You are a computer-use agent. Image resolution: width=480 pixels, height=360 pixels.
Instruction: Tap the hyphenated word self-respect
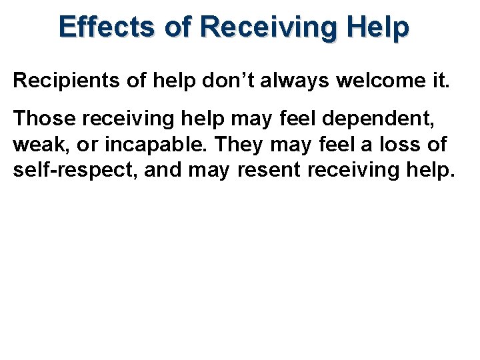coord(72,169)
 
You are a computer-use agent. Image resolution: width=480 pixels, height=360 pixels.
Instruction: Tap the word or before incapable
coord(91,144)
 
